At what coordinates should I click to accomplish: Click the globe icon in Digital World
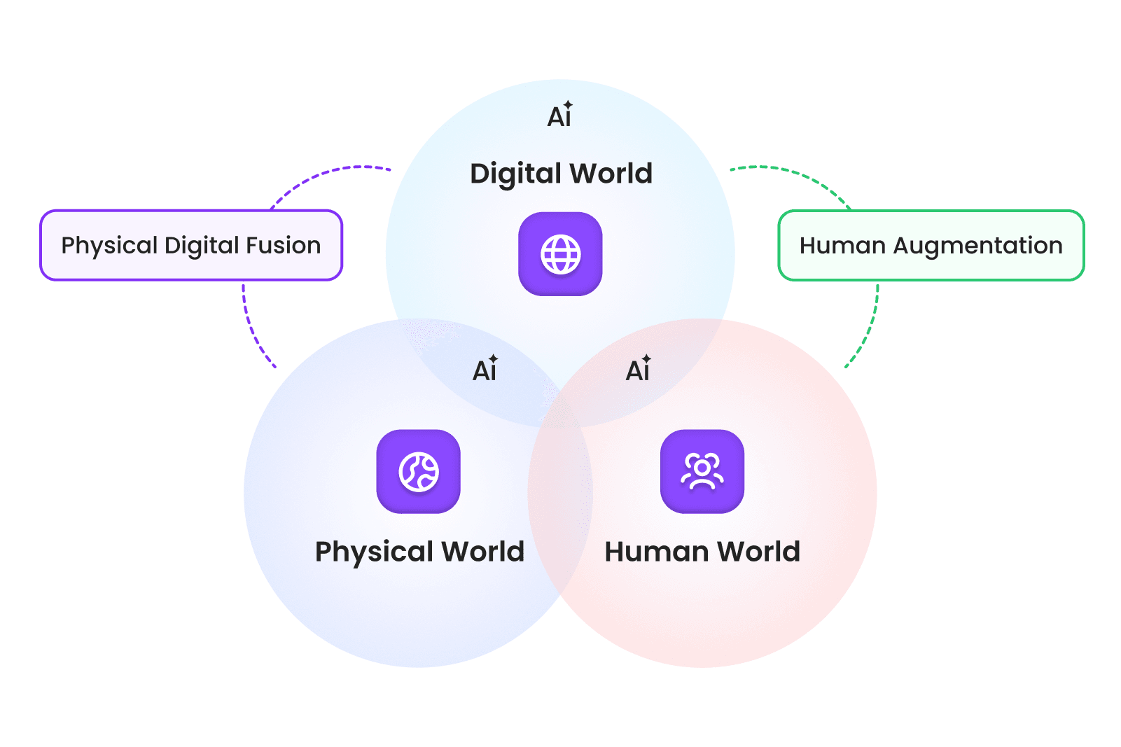coord(560,253)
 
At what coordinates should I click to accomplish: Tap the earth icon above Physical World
coord(419,471)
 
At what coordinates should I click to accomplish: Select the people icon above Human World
coord(702,471)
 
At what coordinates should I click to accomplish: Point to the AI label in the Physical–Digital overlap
coord(485,370)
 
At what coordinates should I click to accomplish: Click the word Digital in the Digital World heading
coord(515,174)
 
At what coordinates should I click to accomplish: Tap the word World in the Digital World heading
coord(611,174)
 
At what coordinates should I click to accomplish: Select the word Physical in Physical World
coord(375,552)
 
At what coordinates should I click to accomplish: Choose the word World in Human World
coord(759,552)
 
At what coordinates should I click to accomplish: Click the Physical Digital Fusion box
coord(191,245)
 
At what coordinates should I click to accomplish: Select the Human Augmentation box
coord(931,245)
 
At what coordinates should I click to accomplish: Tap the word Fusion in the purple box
coord(289,245)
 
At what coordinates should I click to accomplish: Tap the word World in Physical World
coord(483,552)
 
